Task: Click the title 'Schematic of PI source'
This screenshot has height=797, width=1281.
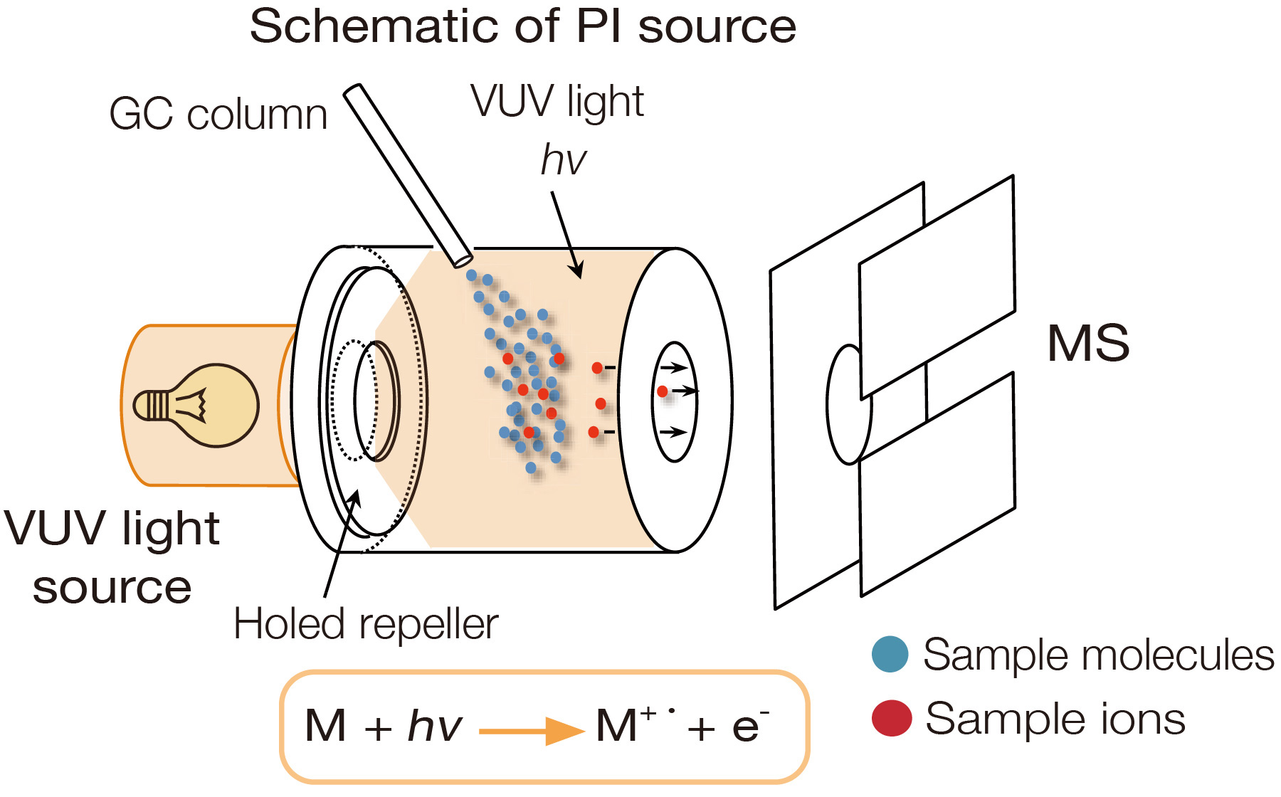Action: [x=522, y=27]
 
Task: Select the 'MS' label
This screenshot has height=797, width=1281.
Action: [x=1087, y=343]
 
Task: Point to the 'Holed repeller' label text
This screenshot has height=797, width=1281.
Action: [x=366, y=624]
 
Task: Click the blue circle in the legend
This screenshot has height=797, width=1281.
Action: [x=890, y=654]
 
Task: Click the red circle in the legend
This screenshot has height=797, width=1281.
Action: [x=891, y=717]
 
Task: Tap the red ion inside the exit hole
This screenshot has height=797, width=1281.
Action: [x=663, y=391]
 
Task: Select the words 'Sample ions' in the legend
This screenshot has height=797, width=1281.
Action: [x=1055, y=719]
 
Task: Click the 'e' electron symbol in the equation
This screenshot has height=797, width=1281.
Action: [x=745, y=727]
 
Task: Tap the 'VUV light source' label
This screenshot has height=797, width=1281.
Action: [x=112, y=557]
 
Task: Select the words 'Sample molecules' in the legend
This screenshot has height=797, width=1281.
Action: [x=1097, y=655]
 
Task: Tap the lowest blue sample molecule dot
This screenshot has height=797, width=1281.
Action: [x=531, y=468]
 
